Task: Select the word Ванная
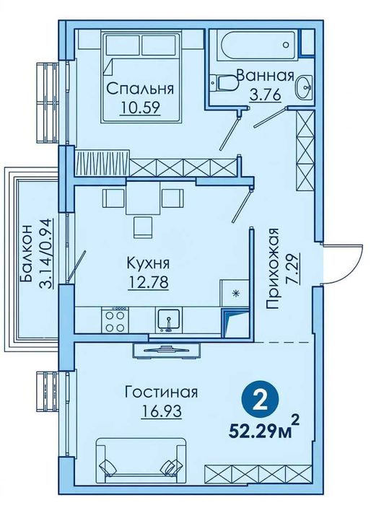point(265,76)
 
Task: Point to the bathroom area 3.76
point(265,94)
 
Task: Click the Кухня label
point(146,263)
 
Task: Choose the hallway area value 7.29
point(291,255)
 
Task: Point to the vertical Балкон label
point(27,255)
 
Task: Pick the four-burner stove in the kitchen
point(115,319)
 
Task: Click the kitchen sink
point(168,318)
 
